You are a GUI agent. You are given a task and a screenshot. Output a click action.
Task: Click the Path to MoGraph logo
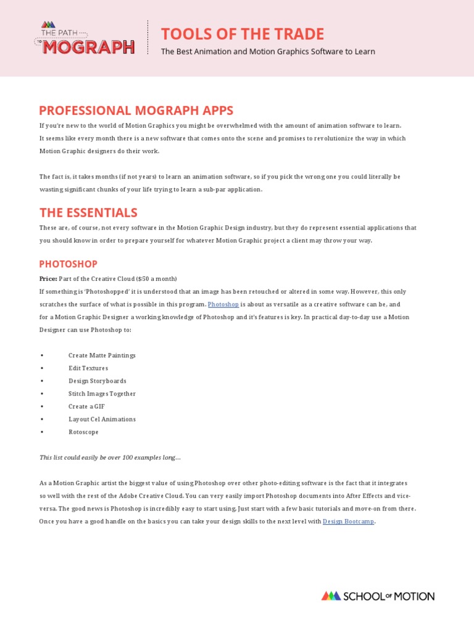85,38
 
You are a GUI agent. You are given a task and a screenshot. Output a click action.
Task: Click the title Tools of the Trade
243,34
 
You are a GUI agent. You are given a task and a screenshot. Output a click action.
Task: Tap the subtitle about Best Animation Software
268,52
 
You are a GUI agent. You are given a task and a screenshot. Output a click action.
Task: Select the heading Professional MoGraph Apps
136,110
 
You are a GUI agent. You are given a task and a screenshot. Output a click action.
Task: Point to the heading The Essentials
88,213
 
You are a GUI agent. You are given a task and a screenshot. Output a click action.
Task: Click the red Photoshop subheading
69,264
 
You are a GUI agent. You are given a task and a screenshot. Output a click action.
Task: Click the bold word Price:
48,279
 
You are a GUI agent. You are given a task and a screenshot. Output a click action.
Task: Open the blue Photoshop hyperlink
223,304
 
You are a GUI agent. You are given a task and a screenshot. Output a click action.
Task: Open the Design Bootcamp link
348,522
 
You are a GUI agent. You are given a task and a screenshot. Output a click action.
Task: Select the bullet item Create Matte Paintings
102,355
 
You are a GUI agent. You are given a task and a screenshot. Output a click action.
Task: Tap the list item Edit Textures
88,368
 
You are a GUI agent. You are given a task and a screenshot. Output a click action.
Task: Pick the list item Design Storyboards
98,381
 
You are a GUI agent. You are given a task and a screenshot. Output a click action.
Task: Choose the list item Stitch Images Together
102,394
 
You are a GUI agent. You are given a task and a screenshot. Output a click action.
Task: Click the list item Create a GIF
86,407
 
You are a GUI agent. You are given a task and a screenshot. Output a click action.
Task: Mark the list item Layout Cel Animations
102,419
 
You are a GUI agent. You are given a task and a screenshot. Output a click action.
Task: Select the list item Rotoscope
83,432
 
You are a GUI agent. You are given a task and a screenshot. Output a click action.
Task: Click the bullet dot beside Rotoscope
41,432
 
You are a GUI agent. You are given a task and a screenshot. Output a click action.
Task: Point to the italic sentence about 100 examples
110,457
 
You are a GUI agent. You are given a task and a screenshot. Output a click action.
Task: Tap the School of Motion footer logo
378,596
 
